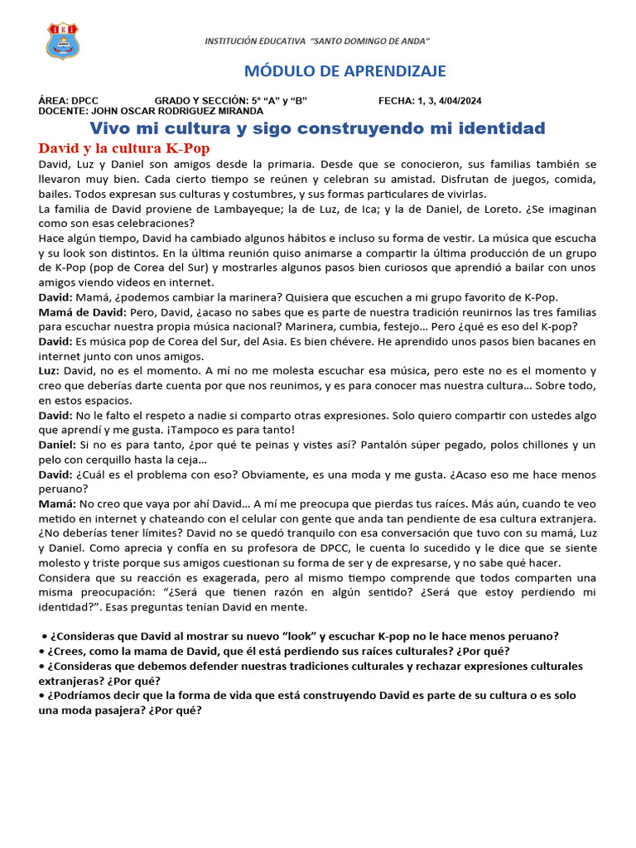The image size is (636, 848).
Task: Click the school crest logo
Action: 63,41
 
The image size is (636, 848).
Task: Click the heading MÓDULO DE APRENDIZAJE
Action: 344,70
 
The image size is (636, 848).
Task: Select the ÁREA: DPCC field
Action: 69,101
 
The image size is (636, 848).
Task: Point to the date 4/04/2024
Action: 458,101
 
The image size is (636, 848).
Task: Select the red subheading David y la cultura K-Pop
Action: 124,148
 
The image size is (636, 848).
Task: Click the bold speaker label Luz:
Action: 49,371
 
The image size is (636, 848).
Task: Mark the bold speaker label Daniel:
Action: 57,445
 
